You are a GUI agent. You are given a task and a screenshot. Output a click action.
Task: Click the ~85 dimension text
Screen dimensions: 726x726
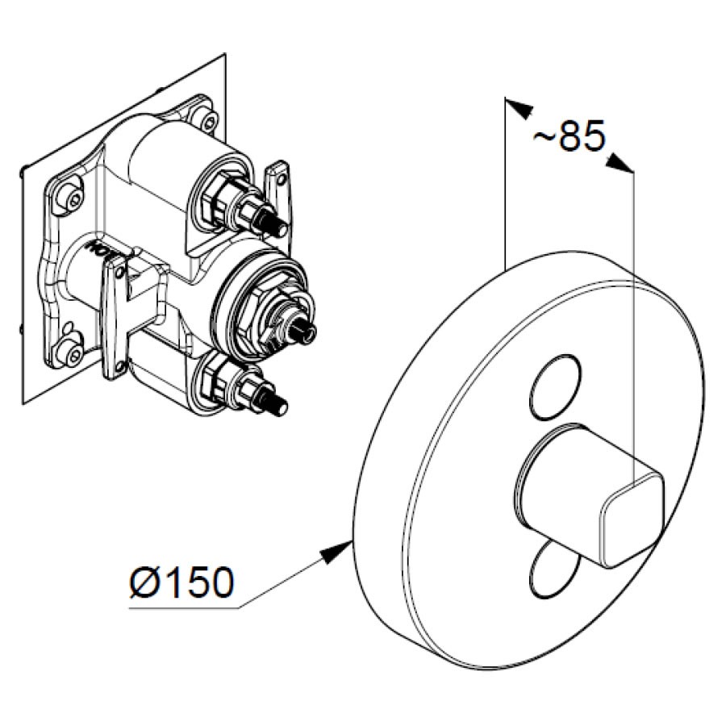tap(569, 136)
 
